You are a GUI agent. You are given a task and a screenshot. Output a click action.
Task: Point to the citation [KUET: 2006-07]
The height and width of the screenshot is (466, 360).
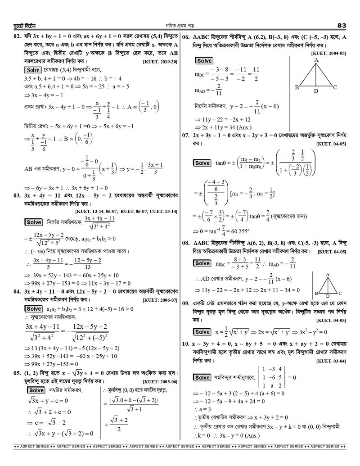pos(160,300)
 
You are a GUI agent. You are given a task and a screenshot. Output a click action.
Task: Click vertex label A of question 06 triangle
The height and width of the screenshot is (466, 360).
pos(316,59)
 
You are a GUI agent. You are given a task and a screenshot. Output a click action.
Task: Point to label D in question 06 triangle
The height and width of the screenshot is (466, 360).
pos(316,91)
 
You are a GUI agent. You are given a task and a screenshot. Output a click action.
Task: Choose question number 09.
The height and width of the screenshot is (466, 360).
pos(187,303)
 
